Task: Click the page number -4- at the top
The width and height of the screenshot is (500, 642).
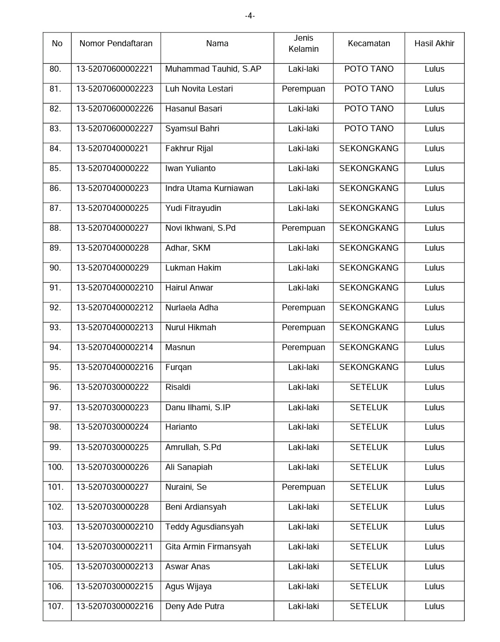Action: pyautogui.click(x=250, y=16)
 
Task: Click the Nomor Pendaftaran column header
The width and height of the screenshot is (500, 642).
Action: pyautogui.click(x=116, y=43)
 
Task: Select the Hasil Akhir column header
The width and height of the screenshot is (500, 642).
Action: pyautogui.click(x=434, y=43)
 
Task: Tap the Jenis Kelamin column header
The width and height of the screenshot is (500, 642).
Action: pyautogui.click(x=303, y=43)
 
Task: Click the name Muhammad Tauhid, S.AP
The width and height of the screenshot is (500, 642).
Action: pyautogui.click(x=213, y=69)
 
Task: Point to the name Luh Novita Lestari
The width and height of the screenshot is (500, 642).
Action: pyautogui.click(x=199, y=89)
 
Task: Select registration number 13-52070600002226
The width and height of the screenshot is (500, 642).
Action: pyautogui.click(x=114, y=109)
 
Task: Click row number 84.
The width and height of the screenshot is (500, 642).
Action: pyautogui.click(x=55, y=148)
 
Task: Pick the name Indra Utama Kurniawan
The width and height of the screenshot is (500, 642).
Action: pyautogui.click(x=209, y=188)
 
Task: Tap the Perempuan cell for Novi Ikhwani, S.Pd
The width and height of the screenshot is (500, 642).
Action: pyautogui.click(x=303, y=228)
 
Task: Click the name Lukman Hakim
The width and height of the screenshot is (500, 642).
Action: pyautogui.click(x=193, y=268)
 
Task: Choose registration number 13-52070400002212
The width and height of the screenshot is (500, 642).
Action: pyautogui.click(x=114, y=308)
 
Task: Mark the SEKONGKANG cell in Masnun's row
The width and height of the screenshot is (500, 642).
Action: pyautogui.click(x=369, y=347)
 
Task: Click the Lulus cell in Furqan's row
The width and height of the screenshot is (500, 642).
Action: pyautogui.click(x=434, y=367)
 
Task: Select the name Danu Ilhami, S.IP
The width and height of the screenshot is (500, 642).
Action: pyautogui.click(x=198, y=407)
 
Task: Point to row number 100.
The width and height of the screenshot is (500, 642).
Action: pyautogui.click(x=56, y=467)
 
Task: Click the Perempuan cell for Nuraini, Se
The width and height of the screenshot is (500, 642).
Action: pyautogui.click(x=303, y=487)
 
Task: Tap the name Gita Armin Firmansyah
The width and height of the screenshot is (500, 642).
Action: pyautogui.click(x=208, y=547)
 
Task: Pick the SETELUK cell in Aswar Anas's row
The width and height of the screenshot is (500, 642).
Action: pyautogui.click(x=369, y=567)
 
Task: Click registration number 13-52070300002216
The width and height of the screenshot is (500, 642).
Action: pyautogui.click(x=114, y=606)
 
